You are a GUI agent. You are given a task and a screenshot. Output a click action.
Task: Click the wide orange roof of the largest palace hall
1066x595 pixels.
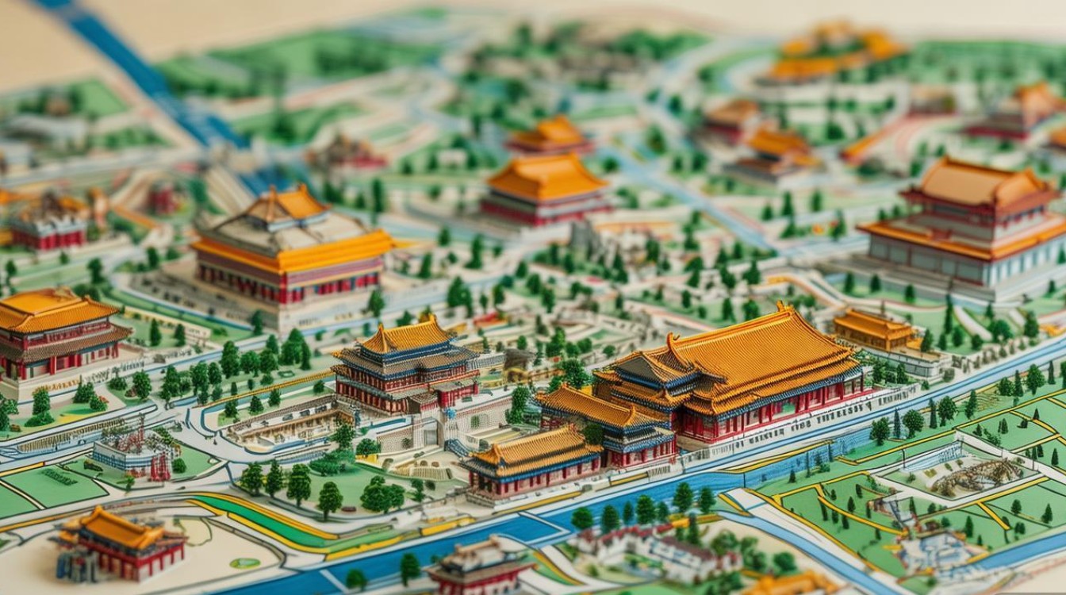click(761, 349)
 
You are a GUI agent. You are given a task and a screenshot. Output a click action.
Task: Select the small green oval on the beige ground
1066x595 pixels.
click(245, 562)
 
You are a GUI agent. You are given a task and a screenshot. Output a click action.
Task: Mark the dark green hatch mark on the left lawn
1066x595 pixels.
click(60, 476)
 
